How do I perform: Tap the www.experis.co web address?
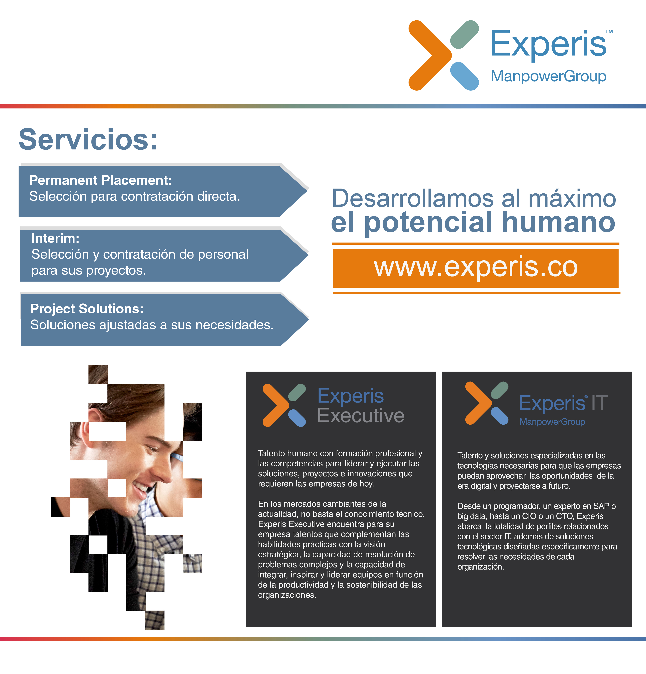[476, 267]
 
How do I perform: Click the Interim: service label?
[55, 238]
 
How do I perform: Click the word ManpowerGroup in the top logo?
[548, 76]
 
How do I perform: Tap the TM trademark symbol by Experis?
[609, 32]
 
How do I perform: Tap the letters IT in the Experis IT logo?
[599, 403]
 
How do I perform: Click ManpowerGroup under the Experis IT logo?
[552, 422]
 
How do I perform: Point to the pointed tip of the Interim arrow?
[308, 255]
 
